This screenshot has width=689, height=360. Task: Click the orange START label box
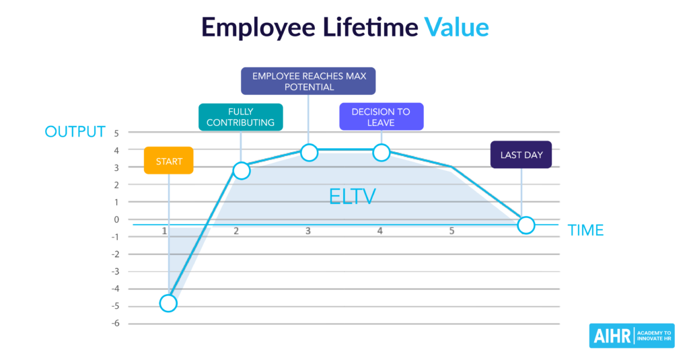pos(169,160)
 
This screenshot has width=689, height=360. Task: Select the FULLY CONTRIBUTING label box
pos(241,117)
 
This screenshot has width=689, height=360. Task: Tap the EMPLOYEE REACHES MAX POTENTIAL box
pos(308,81)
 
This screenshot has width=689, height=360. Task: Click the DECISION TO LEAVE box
pos(382,116)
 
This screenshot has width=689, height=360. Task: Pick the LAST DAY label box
pos(521,155)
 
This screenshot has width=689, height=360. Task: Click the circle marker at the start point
pos(168,303)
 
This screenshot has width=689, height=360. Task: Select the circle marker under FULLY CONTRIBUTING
pos(242,170)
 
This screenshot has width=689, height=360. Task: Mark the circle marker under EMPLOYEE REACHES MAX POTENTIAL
pos(310,153)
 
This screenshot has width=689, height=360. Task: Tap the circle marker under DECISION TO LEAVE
pos(382,153)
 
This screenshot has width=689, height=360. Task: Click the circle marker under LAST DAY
pos(526,225)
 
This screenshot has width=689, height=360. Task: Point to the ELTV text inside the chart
pos(353,196)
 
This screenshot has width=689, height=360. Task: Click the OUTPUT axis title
pos(75,131)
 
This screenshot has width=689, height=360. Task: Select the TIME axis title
pos(586,230)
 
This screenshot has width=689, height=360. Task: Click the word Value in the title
pos(457,28)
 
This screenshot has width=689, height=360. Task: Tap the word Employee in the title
pos(258,28)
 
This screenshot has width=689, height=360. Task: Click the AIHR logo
pos(632,336)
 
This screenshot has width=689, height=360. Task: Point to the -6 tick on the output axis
pos(115,324)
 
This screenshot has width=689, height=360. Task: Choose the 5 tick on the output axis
pos(116,133)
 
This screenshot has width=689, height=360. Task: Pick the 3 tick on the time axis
pos(308,231)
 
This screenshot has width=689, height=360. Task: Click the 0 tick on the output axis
pos(116,219)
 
